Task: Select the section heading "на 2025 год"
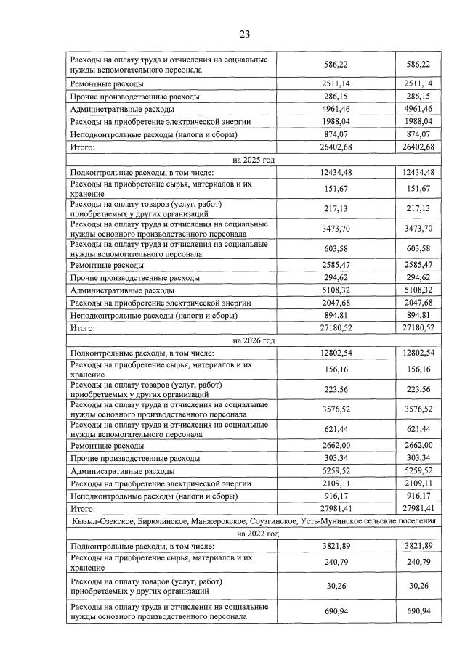tap(253, 160)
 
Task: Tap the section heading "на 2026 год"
tap(253, 340)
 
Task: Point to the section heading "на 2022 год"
tap(253, 533)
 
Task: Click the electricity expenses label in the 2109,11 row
tap(160, 483)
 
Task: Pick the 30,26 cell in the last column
tap(417, 586)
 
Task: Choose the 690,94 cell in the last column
tap(417, 611)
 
